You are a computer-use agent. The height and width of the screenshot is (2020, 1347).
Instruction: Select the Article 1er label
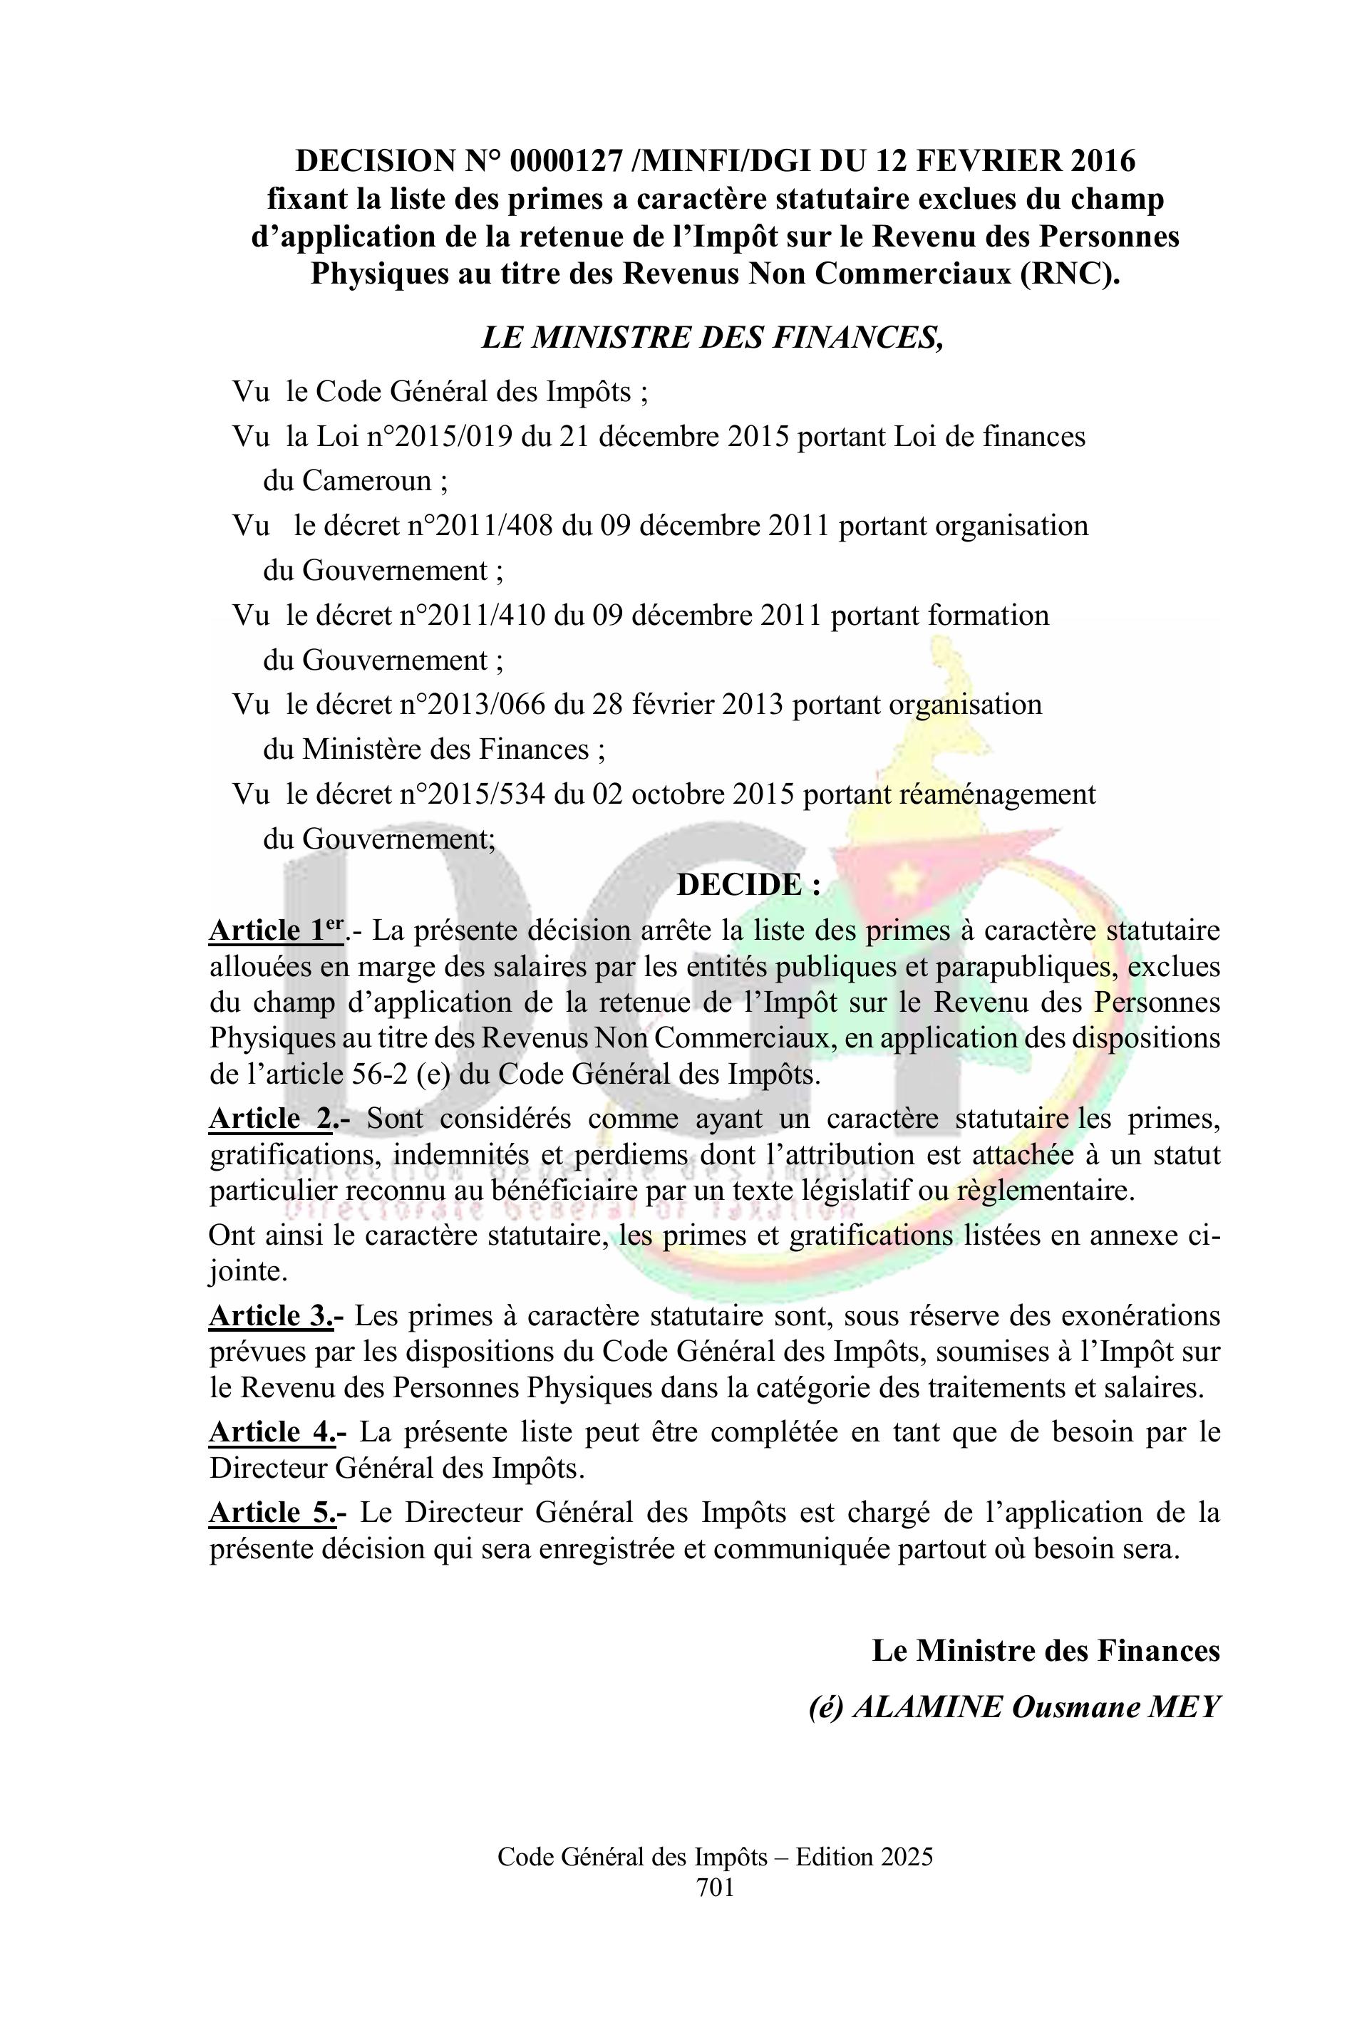point(277,929)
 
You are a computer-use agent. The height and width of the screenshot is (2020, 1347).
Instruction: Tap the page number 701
point(715,1886)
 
